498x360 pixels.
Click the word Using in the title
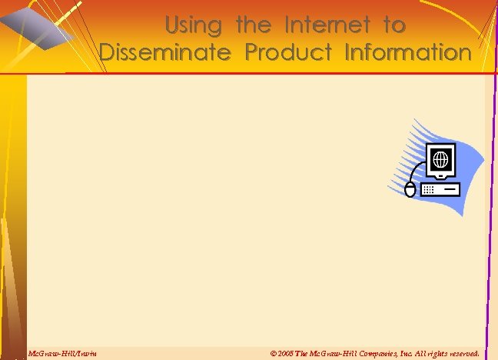tap(193, 25)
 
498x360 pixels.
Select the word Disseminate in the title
tap(165, 53)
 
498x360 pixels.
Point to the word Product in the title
tap(289, 53)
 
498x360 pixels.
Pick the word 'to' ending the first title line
tap(394, 25)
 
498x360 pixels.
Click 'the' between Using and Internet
tap(254, 25)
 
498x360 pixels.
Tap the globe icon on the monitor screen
tap(440, 160)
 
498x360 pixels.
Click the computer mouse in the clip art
tap(410, 189)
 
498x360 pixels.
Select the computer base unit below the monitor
tap(440, 188)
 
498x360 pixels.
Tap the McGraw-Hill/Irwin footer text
tap(62, 353)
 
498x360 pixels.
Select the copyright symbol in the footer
tap(274, 353)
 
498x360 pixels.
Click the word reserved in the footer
tap(462, 353)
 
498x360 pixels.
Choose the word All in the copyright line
tap(417, 353)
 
